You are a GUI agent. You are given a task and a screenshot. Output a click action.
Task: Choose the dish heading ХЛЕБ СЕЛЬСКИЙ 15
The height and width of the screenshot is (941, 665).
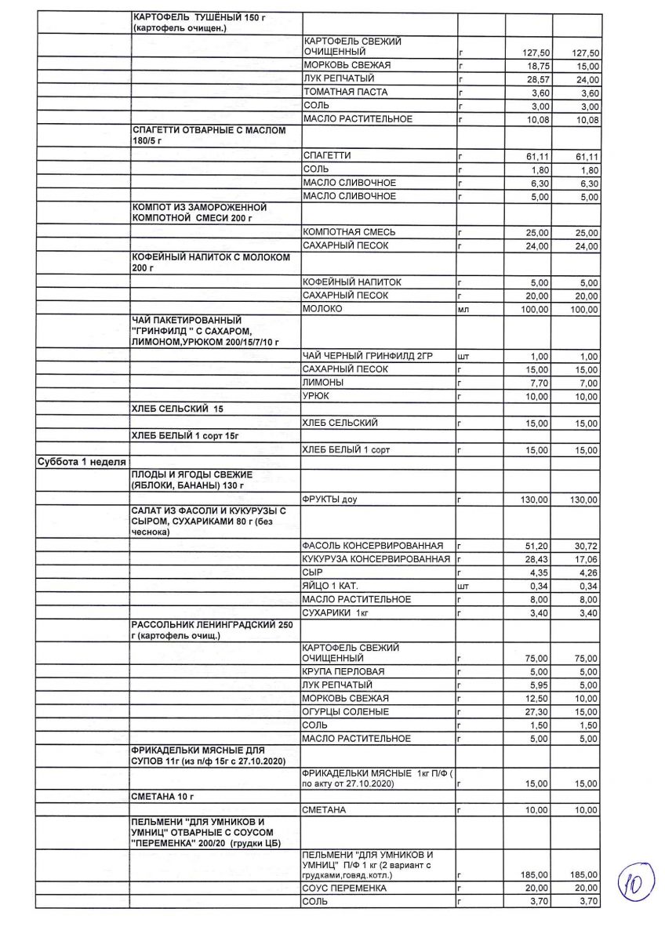click(186, 409)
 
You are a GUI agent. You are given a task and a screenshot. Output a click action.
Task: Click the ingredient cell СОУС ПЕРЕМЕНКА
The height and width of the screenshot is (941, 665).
click(344, 888)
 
